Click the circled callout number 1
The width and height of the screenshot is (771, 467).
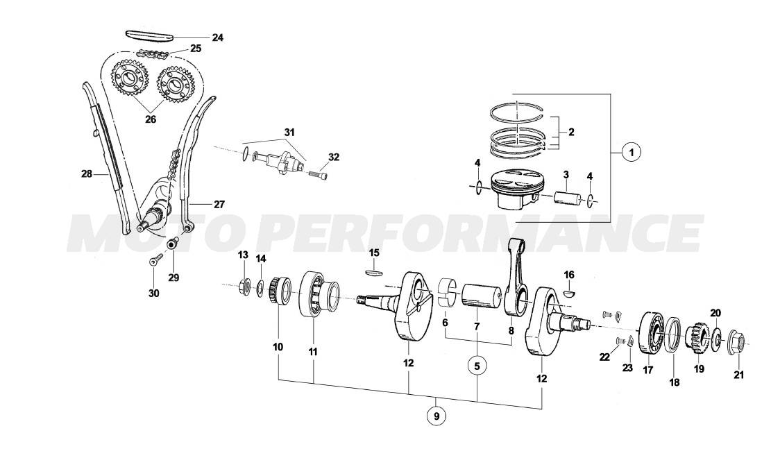[x=630, y=152]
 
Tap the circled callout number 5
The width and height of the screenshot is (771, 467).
[x=477, y=365]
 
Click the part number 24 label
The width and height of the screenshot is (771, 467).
[x=217, y=37]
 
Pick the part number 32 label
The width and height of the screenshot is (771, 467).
[x=334, y=158]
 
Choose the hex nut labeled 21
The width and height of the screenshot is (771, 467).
[x=737, y=342]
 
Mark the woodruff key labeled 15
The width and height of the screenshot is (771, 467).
[x=373, y=272]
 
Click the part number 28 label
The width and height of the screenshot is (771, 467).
[x=86, y=173]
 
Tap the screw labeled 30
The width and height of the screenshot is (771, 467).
[x=156, y=262]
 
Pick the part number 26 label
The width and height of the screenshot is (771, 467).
[x=151, y=119]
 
